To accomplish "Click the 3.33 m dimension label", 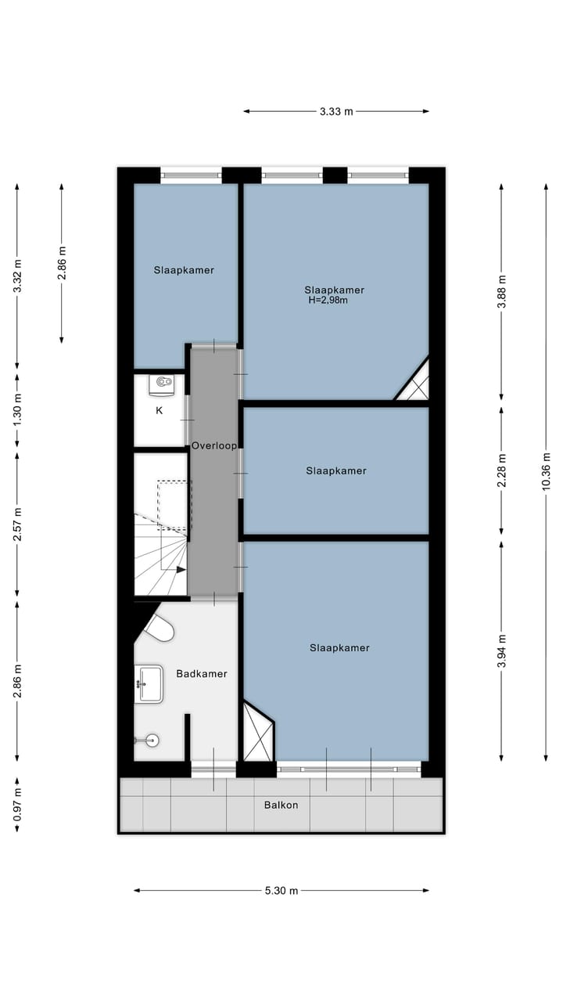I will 336,111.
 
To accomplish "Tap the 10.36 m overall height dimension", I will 547,472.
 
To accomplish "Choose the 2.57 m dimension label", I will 17,524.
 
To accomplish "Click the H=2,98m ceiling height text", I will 328,300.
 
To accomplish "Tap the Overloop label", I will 214,445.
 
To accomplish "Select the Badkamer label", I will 202,673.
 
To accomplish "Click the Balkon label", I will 281,805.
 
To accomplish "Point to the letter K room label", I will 159,409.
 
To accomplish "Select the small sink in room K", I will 163,383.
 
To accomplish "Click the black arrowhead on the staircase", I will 181,570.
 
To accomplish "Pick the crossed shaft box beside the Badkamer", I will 257,733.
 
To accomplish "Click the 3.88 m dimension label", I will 502,291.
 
